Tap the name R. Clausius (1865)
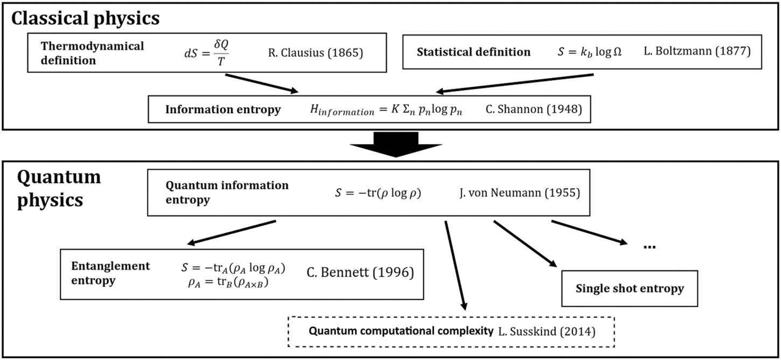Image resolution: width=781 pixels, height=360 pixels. [x=315, y=53]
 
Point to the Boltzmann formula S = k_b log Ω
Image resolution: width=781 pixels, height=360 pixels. [x=589, y=52]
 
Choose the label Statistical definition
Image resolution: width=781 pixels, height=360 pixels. [x=473, y=52]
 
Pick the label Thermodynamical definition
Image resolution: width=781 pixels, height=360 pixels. [x=92, y=53]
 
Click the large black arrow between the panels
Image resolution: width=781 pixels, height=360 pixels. [x=395, y=144]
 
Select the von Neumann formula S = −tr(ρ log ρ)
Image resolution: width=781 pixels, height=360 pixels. [x=378, y=193]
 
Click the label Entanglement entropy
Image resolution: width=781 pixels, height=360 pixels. [x=110, y=273]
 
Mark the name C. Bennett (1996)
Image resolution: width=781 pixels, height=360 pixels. [x=360, y=273]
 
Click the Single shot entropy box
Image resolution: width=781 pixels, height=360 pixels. [x=629, y=288]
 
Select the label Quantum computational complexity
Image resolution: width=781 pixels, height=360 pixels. [x=401, y=330]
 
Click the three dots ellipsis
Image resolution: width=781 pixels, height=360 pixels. [x=649, y=246]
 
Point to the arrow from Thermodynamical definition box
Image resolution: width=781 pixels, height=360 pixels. [x=261, y=82]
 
